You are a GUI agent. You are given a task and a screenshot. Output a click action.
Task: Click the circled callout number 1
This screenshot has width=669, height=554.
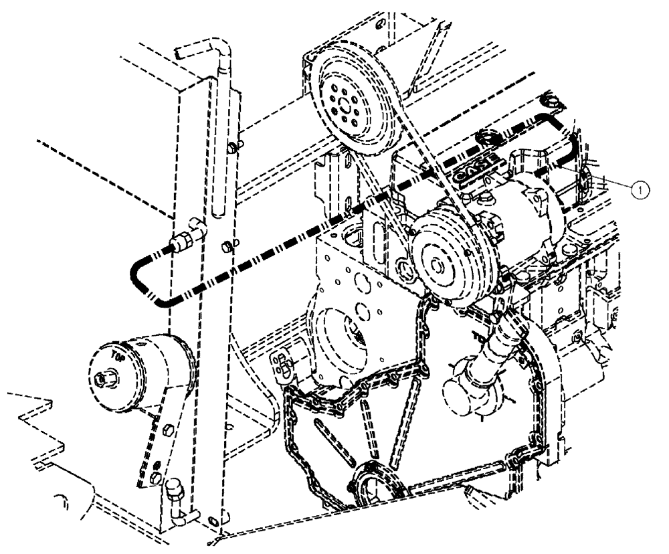640,190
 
